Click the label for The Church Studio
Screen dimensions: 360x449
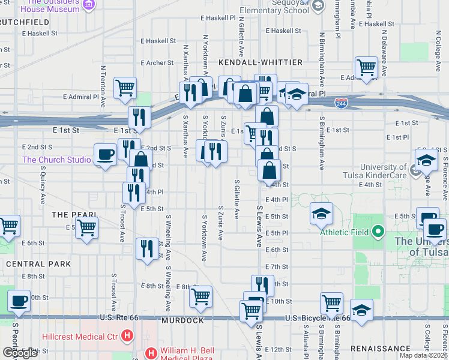[56, 160]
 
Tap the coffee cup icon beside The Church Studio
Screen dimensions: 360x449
[106, 155]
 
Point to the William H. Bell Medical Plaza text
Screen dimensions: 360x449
[187, 352]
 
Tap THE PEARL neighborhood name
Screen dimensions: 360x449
[74, 214]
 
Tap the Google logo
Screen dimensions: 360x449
[20, 353]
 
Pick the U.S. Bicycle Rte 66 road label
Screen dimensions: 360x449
[317, 318]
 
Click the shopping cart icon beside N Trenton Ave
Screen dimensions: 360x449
[125, 88]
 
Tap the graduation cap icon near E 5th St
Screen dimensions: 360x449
[321, 214]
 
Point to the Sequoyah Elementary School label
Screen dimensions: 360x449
[274, 7]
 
